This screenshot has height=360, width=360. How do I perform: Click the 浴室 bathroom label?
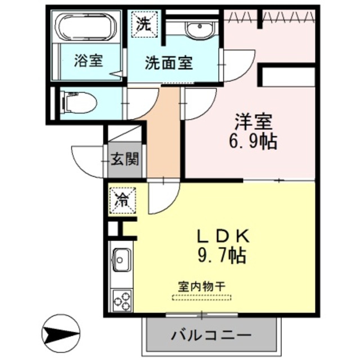coord(88,61)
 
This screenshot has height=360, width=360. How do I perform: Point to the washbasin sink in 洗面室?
coord(196,30)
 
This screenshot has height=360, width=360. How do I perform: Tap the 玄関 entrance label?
coord(124,160)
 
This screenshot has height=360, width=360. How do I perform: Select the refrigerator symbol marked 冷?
coord(122,199)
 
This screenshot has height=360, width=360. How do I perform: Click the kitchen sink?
coord(121,259)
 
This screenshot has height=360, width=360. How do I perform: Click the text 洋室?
coord(254,121)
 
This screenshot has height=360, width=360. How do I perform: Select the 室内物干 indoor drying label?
coord(201,286)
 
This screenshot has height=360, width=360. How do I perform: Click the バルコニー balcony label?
coord(210,335)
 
